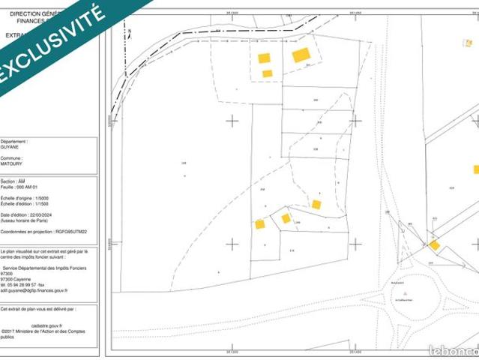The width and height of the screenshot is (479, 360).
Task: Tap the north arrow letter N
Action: [129, 31]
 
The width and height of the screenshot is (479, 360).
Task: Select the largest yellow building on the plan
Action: [301, 55]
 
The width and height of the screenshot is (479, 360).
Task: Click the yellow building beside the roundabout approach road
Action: [434, 244]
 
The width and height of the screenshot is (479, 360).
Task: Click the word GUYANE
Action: [10, 147]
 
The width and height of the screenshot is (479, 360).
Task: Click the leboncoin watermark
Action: [452, 350]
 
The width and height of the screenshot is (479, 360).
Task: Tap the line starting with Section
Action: [13, 181]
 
